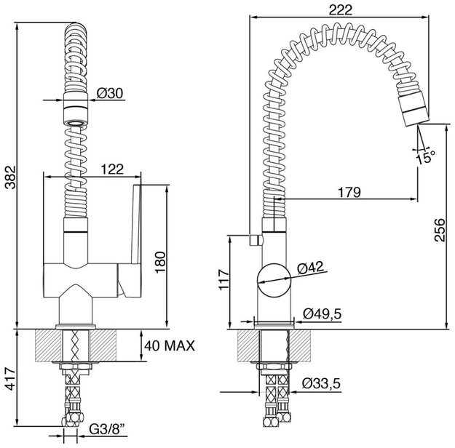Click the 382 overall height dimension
point(11,177)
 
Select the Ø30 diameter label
point(110,93)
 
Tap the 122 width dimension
point(112,169)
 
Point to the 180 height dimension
point(160,263)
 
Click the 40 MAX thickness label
point(170,346)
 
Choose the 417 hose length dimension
point(10,378)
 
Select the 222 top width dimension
point(341,10)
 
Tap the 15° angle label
point(425,157)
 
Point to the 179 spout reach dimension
point(349,192)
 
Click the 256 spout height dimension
point(440,230)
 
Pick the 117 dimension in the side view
point(223,279)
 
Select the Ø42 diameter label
point(310,268)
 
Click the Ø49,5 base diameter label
point(322,313)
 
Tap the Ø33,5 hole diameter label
point(321,383)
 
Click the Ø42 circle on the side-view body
point(257,280)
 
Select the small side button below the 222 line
point(256,239)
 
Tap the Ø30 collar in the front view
point(76,108)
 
